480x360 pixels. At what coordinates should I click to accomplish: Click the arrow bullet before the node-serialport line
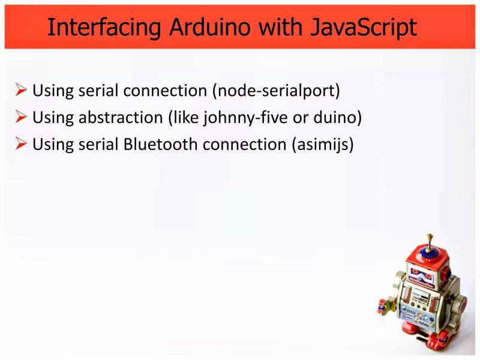tap(22, 91)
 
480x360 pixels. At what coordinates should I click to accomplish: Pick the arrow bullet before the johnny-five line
tap(22, 118)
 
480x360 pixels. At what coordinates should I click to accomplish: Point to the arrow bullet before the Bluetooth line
tap(22, 145)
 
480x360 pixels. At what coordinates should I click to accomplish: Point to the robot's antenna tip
tap(428, 236)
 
